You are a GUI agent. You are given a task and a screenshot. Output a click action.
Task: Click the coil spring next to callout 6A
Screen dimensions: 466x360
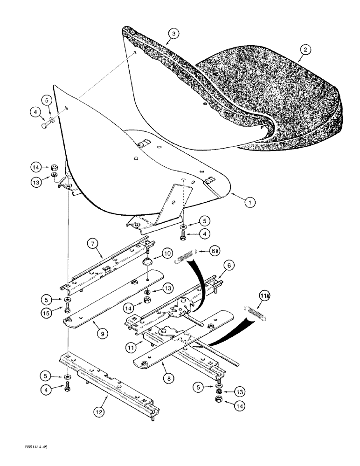185,257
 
